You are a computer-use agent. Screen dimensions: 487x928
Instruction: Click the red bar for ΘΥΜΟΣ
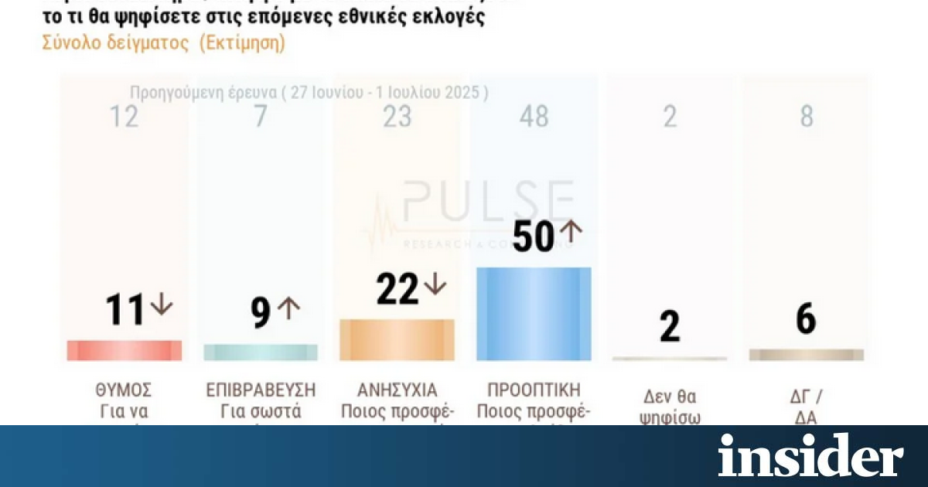[x=125, y=350]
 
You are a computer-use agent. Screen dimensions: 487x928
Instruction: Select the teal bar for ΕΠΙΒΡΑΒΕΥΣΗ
[x=261, y=352]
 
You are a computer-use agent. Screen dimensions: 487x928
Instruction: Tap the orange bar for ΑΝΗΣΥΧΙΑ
[x=397, y=340]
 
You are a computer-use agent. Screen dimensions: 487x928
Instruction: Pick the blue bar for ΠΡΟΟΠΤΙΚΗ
[x=534, y=314]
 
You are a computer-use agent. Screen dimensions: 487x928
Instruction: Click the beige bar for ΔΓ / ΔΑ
[x=807, y=355]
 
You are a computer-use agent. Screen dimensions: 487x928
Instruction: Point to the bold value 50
[x=534, y=237]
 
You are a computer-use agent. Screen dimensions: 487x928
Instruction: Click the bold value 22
[x=397, y=289]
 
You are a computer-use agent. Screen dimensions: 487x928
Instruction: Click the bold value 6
[x=806, y=318]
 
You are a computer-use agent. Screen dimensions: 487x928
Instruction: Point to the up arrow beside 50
[x=570, y=230]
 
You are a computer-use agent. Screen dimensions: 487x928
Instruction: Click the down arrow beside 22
[x=435, y=284]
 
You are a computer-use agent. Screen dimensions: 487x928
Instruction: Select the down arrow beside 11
[x=162, y=305]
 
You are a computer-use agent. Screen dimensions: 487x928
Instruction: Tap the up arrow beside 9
[x=288, y=308]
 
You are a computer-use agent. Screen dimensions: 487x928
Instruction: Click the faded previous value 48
[x=534, y=117]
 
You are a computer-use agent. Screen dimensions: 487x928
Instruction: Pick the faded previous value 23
[x=397, y=117]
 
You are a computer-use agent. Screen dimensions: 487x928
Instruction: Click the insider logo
[x=810, y=455]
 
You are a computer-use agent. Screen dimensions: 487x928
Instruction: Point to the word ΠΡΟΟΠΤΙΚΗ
[x=534, y=390]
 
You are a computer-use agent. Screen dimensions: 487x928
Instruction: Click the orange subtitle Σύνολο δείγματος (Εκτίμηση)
[x=163, y=43]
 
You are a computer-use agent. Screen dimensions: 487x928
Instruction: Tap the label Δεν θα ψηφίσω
[x=670, y=407]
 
